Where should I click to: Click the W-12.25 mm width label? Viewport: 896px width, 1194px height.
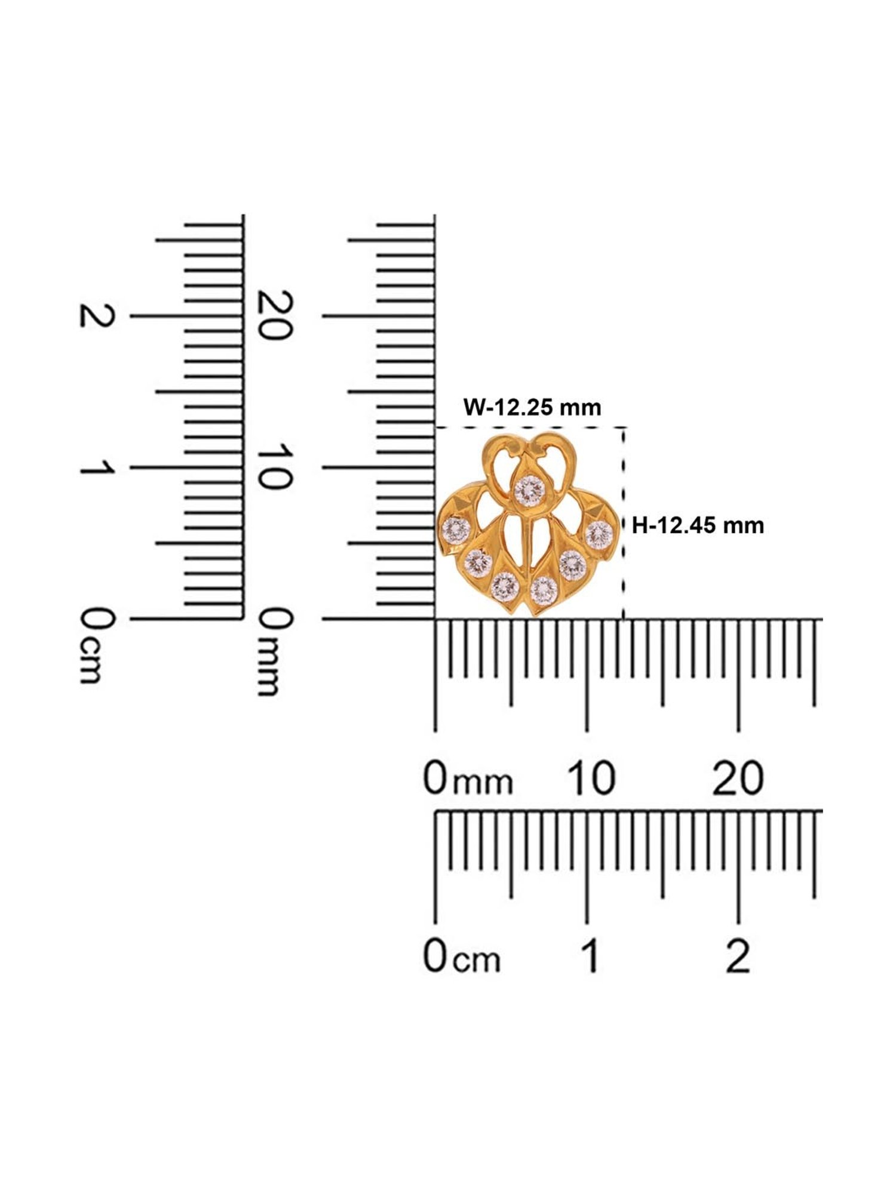click(x=532, y=407)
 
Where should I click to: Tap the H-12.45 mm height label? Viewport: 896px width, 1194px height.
click(x=698, y=525)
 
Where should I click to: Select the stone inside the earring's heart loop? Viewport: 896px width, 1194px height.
click(x=529, y=490)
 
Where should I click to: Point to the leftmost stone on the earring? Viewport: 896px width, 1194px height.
click(x=455, y=530)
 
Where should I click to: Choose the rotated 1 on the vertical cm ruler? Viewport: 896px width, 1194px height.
click(x=96, y=467)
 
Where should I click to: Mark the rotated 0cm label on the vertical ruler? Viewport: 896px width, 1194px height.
click(x=96, y=645)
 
